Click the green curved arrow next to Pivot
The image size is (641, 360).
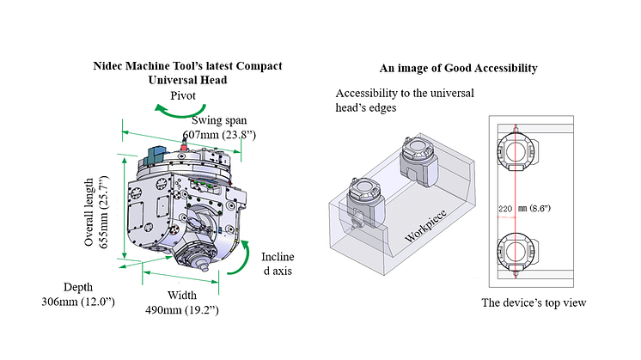point(166,108)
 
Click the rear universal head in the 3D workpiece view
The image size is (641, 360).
point(420,161)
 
